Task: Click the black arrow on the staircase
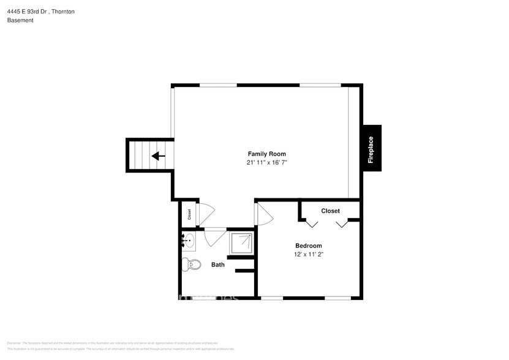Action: click(158, 156)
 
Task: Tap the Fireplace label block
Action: click(371, 149)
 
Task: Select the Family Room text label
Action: click(266, 154)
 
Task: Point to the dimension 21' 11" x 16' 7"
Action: click(266, 163)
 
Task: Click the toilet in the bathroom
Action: click(192, 264)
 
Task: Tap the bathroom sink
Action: click(189, 241)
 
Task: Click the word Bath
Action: click(217, 265)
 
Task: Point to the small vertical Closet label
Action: click(189, 214)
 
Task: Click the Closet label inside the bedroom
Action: click(330, 211)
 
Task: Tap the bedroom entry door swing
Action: click(265, 214)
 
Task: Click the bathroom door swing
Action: click(215, 236)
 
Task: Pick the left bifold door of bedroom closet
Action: click(312, 223)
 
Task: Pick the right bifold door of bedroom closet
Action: click(342, 223)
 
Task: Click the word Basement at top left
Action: click(20, 20)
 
